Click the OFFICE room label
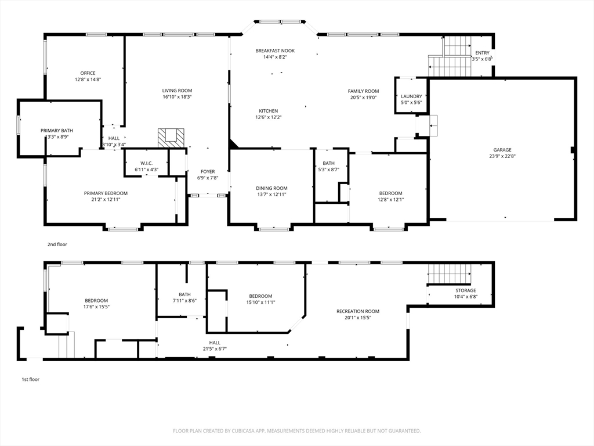click(88, 73)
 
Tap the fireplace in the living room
click(171, 138)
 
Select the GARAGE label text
click(502, 150)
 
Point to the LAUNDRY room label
click(411, 96)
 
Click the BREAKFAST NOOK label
click(275, 51)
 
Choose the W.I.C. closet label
click(147, 163)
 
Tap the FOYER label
click(208, 172)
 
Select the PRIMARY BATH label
click(57, 131)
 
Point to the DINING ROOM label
click(271, 188)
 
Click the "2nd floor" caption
click(57, 244)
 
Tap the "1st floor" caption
click(30, 380)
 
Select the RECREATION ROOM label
click(358, 311)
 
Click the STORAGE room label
click(466, 290)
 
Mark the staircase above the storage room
click(450, 274)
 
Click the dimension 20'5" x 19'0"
click(363, 98)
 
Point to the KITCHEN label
click(268, 111)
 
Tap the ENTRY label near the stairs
click(482, 53)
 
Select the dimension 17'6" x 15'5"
click(96, 307)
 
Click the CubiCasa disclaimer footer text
click(297, 431)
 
